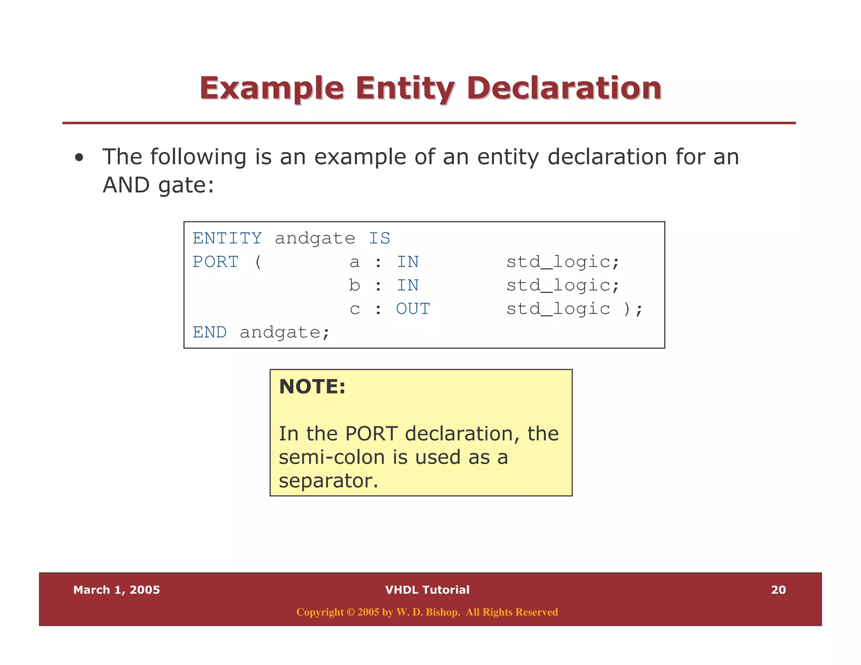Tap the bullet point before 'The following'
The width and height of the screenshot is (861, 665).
coord(79,158)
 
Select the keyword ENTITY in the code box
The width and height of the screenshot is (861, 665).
coord(227,238)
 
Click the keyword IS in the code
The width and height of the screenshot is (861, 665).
coord(379,238)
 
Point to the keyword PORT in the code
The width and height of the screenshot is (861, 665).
coord(216,262)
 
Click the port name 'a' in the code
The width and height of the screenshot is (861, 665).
coord(354,262)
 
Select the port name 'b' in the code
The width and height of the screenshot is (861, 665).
coord(354,285)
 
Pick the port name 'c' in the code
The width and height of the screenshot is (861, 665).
coord(354,309)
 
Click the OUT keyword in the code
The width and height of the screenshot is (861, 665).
coord(413,309)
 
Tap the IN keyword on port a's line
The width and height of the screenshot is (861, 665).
coord(407,262)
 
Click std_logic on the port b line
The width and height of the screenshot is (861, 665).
coord(558,285)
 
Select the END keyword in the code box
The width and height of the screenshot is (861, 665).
coord(209,332)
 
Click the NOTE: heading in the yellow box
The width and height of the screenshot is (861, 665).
coord(312,387)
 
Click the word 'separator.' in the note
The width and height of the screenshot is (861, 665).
coord(328,481)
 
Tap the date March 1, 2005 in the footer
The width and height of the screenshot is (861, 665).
coord(116,590)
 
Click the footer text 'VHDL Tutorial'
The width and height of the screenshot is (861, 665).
coord(427,590)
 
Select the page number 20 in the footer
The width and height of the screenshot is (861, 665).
coord(778,590)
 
